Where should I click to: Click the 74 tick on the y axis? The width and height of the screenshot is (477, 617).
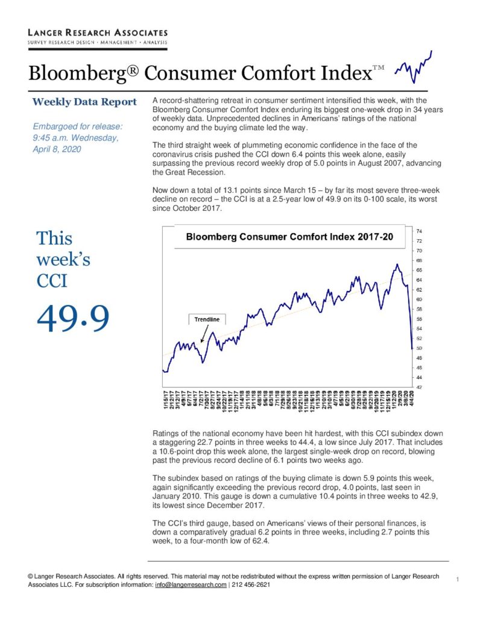(x=419, y=231)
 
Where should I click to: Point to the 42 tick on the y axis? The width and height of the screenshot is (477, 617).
(x=419, y=387)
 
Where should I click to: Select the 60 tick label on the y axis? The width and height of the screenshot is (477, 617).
(x=419, y=299)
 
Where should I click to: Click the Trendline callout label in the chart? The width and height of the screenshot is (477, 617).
(x=207, y=319)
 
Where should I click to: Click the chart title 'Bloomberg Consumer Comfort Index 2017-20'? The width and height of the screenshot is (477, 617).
(x=289, y=236)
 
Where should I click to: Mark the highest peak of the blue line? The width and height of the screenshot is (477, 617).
(x=397, y=264)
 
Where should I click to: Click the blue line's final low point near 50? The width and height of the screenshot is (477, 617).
(x=412, y=348)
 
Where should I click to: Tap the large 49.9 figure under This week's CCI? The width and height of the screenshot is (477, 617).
(x=73, y=318)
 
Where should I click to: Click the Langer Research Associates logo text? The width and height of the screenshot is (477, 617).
(x=98, y=33)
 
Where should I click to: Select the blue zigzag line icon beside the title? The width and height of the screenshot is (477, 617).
(x=413, y=67)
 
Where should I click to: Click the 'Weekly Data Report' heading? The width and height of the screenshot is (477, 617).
(x=84, y=102)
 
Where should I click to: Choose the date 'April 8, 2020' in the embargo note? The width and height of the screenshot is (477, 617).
(x=57, y=149)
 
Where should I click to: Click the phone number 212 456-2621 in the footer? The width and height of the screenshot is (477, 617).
(x=251, y=584)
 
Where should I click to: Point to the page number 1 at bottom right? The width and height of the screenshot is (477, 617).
(x=457, y=579)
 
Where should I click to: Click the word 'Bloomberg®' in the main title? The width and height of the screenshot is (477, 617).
(x=83, y=73)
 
